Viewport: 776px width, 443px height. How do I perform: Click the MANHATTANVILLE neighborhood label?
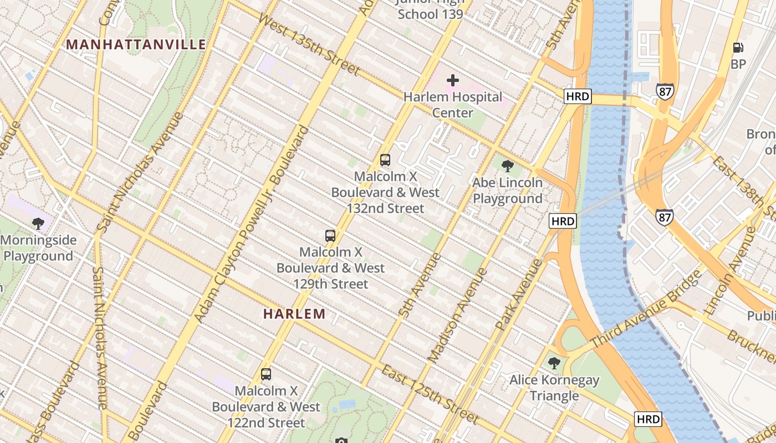click(136, 44)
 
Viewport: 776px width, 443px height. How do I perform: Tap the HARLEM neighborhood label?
click(294, 314)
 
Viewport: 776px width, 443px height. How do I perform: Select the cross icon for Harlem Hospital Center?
click(453, 80)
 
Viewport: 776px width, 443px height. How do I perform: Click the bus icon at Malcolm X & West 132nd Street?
click(385, 160)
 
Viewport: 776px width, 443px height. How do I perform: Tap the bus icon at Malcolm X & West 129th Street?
click(330, 236)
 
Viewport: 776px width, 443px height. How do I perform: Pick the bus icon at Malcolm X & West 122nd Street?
click(266, 374)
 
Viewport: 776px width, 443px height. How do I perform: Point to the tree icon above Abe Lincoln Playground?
click(507, 166)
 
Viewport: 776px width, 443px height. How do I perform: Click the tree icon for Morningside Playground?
click(38, 224)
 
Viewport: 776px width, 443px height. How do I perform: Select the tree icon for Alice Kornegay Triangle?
click(554, 363)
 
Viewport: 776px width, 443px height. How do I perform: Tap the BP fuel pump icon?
click(738, 48)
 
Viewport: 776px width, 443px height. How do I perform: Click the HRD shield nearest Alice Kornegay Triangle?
click(648, 419)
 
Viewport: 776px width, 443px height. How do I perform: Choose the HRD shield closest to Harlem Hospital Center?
click(578, 97)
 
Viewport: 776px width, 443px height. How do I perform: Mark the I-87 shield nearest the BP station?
click(665, 91)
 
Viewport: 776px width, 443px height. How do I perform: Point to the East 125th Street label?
click(429, 394)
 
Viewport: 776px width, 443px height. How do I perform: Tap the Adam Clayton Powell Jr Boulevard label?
click(251, 224)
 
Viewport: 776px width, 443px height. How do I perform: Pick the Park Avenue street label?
click(519, 296)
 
